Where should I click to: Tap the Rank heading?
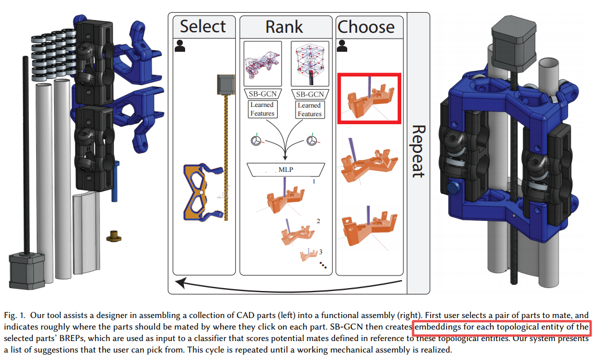(284, 26)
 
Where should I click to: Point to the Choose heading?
(366, 26)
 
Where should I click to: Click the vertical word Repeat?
(418, 151)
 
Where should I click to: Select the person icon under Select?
(181, 46)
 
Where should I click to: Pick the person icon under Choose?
(343, 45)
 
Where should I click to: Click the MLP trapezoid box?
(285, 169)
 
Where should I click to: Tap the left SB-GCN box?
(262, 94)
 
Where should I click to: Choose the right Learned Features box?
(309, 109)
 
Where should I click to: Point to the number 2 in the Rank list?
(318, 221)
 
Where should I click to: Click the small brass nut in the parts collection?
(114, 235)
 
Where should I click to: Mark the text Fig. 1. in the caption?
(16, 315)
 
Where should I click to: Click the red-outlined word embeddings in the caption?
(440, 327)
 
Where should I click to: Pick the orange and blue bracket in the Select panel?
(202, 193)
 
